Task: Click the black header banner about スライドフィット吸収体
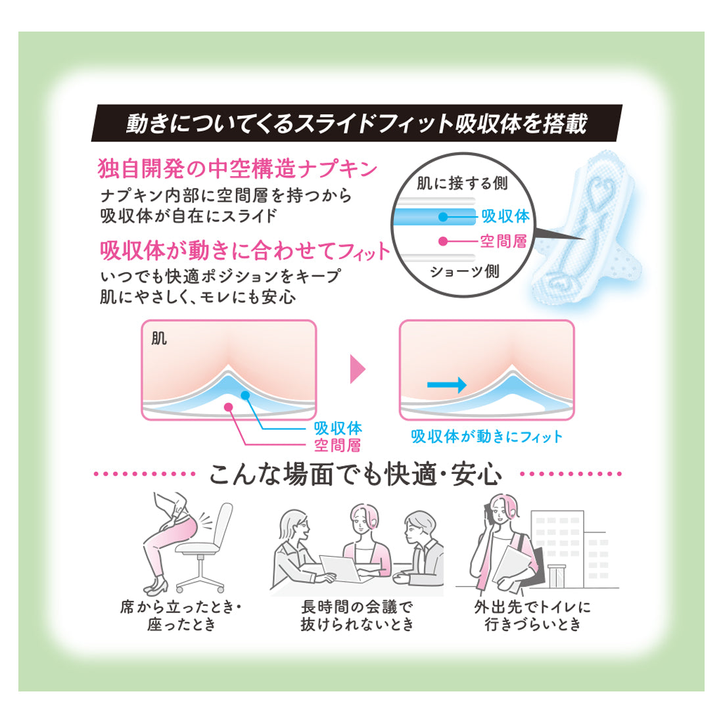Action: pyautogui.click(x=356, y=123)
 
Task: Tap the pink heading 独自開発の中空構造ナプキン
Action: pyautogui.click(x=238, y=169)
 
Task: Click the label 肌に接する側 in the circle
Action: pyautogui.click(x=462, y=183)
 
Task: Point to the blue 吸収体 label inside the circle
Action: pyautogui.click(x=505, y=216)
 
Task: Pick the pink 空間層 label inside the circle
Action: pyautogui.click(x=503, y=241)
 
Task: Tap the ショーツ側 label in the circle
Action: pyautogui.click(x=464, y=271)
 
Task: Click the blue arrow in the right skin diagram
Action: pyautogui.click(x=446, y=385)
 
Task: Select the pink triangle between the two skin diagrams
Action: pyautogui.click(x=358, y=369)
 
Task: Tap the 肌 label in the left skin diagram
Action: pyautogui.click(x=159, y=339)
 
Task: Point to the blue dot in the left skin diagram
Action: pyautogui.click(x=245, y=395)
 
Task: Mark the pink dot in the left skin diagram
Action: pyautogui.click(x=228, y=407)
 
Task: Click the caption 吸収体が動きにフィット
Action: pyautogui.click(x=486, y=436)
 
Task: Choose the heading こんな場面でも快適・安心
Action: pyautogui.click(x=356, y=474)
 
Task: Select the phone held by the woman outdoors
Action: pyautogui.click(x=488, y=512)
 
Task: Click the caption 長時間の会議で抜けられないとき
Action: pyautogui.click(x=357, y=616)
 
